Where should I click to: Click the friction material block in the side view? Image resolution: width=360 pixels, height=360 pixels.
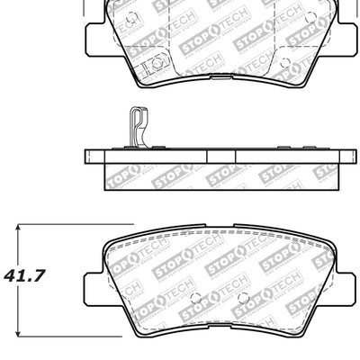coord(215,176)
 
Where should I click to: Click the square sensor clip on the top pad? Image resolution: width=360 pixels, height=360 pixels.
coord(149,64)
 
